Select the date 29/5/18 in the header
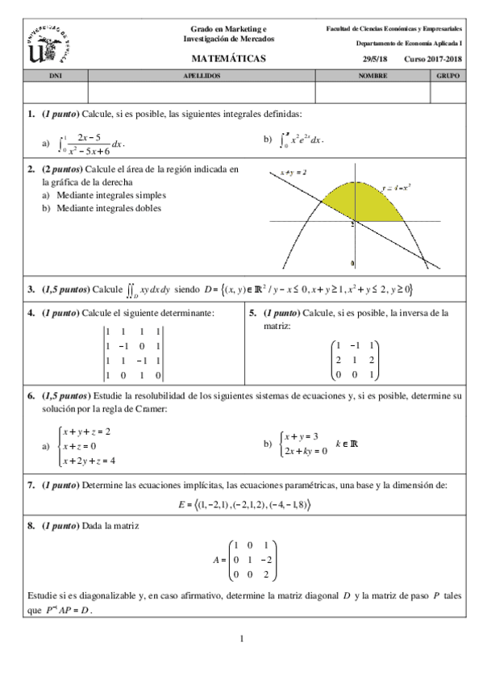tap(377, 60)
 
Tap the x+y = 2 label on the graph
tap(291, 173)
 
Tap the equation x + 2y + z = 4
tap(90, 461)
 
